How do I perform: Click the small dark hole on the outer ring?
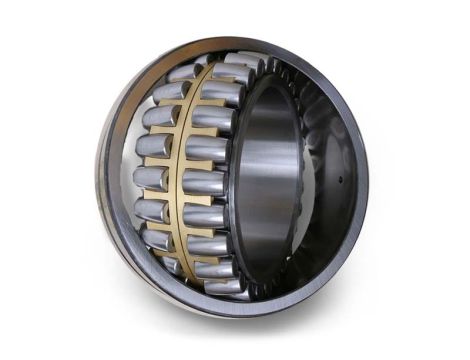(341, 181)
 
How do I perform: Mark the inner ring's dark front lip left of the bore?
(240, 185)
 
